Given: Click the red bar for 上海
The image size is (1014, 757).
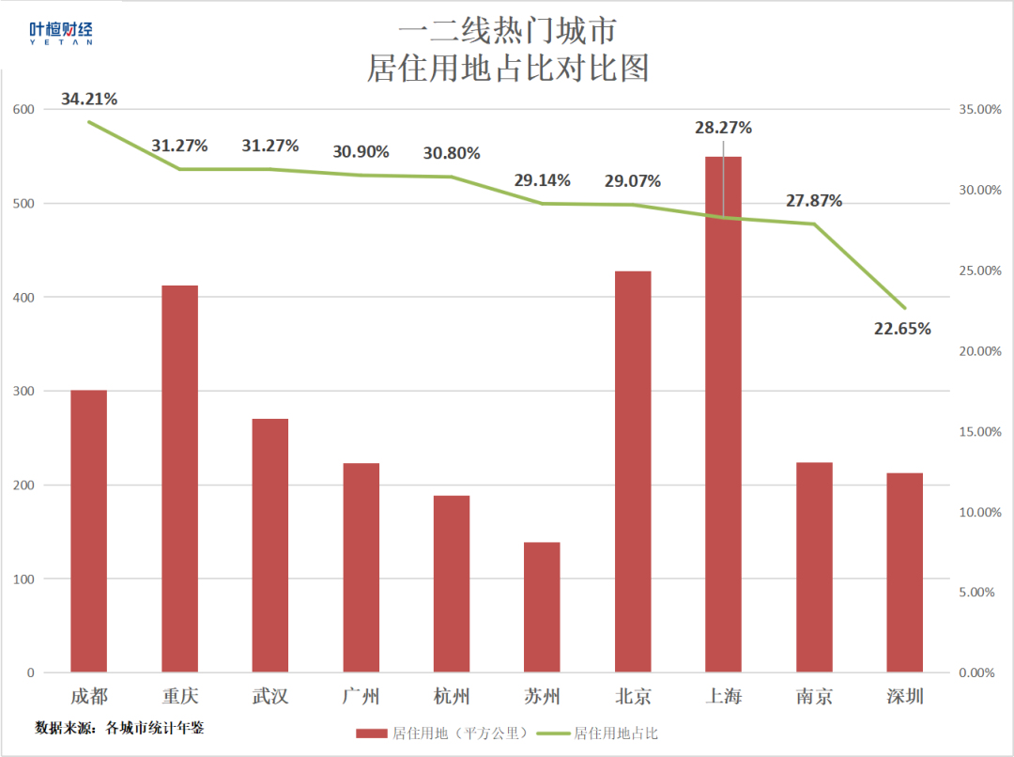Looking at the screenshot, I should tap(723, 414).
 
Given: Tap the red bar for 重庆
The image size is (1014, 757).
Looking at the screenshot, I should tap(179, 479).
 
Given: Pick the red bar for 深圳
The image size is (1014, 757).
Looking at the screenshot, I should tap(904, 572).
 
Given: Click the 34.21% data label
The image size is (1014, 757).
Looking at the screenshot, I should tap(89, 99).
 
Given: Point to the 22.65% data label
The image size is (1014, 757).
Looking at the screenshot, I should tap(902, 329).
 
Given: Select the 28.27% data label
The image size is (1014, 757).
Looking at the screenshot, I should tap(723, 128).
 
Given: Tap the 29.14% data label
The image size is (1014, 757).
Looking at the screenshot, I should tap(542, 180).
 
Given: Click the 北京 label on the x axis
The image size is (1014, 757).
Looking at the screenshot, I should tap(633, 697).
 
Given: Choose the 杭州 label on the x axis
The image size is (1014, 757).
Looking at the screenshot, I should tap(452, 697).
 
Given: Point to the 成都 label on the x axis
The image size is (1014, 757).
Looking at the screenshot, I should tap(89, 697).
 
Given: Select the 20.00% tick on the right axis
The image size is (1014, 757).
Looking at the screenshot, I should tap(981, 351).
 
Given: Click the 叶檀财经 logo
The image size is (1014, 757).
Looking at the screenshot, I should tap(61, 34).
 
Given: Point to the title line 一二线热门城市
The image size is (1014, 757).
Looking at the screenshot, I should tap(507, 32).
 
